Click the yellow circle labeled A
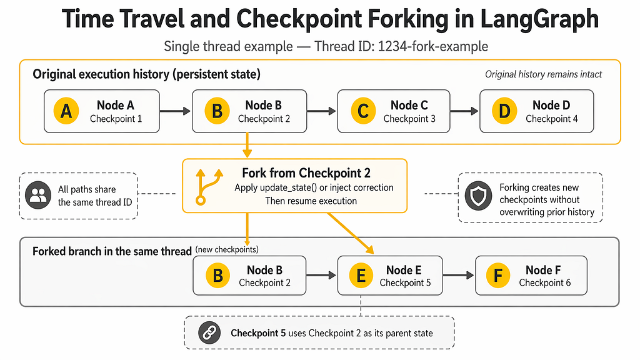66,111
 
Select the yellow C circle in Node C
363,111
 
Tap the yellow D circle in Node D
504,111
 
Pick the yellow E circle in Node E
361,276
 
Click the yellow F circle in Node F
498,276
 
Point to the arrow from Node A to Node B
175,111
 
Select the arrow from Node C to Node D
464,111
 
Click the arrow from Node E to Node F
458,276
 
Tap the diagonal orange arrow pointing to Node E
351,233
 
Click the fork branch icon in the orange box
209,186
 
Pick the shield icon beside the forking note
478,196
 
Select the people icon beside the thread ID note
38,195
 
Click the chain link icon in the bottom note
209,332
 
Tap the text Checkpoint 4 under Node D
551,119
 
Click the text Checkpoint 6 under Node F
545,282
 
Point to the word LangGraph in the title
539,19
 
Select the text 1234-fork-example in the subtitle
432,46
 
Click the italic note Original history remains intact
543,74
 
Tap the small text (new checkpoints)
227,249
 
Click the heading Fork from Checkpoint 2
306,173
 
